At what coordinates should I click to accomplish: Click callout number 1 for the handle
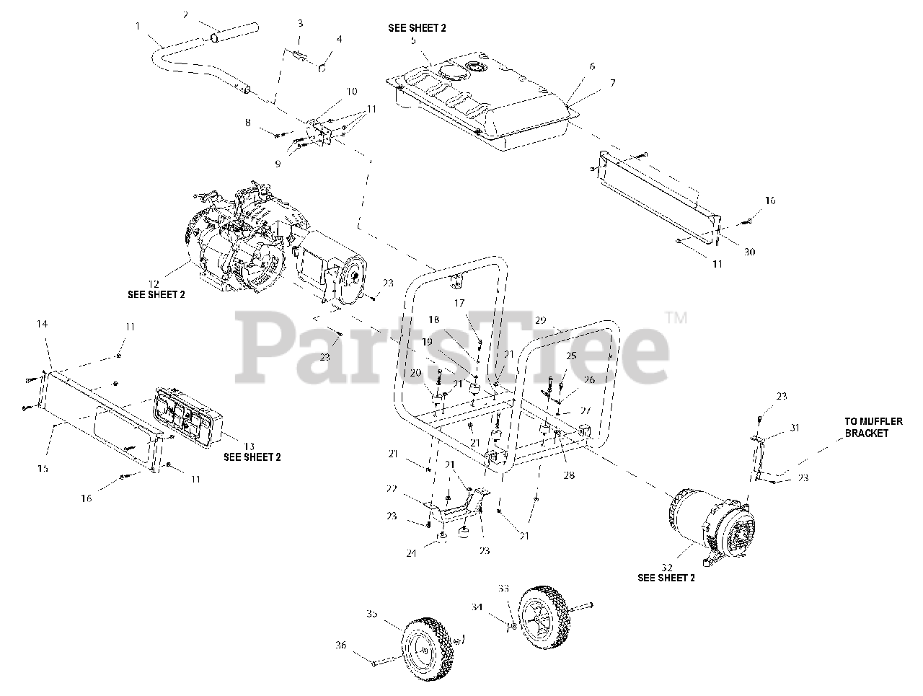click(x=138, y=26)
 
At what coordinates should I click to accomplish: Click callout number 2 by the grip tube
click(x=185, y=14)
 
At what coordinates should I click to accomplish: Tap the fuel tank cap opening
click(x=478, y=69)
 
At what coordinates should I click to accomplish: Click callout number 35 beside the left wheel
click(x=372, y=614)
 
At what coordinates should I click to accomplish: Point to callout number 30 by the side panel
click(x=750, y=252)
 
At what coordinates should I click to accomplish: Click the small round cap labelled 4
click(x=322, y=71)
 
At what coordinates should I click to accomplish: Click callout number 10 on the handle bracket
click(x=352, y=92)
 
